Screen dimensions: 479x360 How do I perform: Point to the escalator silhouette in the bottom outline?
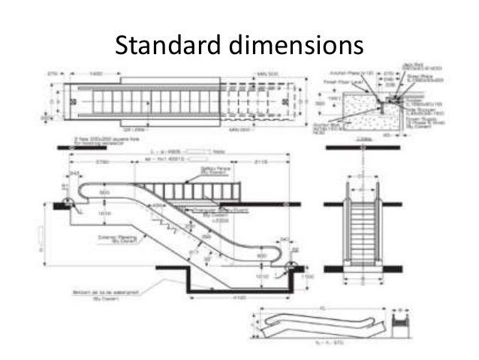[x=315, y=325]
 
